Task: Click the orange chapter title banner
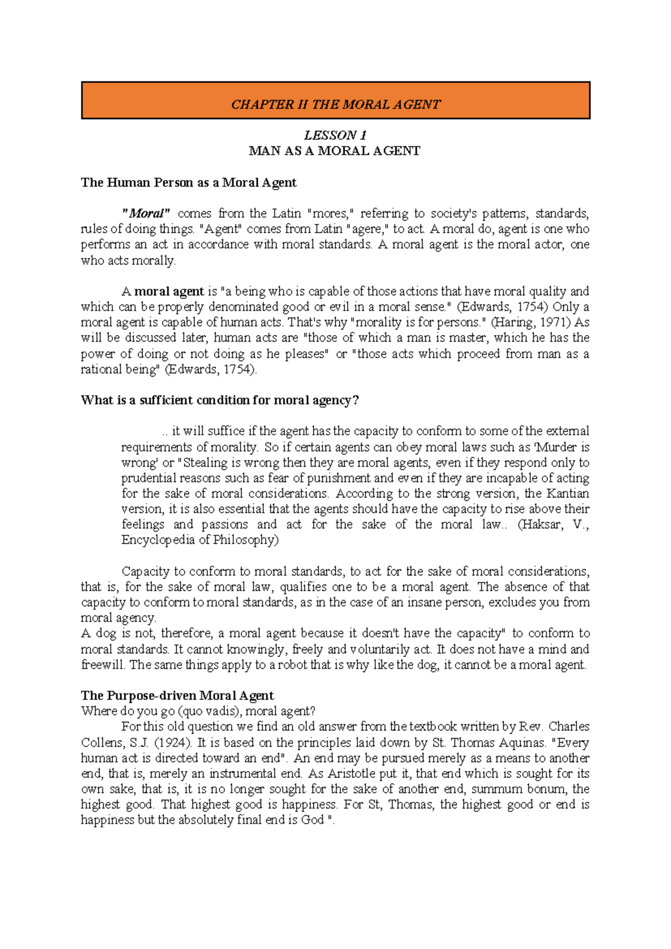pyautogui.click(x=335, y=101)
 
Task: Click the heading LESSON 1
pyautogui.click(x=335, y=135)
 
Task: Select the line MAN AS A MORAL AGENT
pyautogui.click(x=334, y=151)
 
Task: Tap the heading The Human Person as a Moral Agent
pyautogui.click(x=188, y=182)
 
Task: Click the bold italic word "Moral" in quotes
pyautogui.click(x=146, y=213)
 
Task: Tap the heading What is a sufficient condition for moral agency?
pyautogui.click(x=220, y=400)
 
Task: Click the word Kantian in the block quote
pyautogui.click(x=568, y=494)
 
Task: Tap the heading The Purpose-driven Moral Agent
pyautogui.click(x=177, y=696)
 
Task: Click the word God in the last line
pyautogui.click(x=313, y=820)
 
